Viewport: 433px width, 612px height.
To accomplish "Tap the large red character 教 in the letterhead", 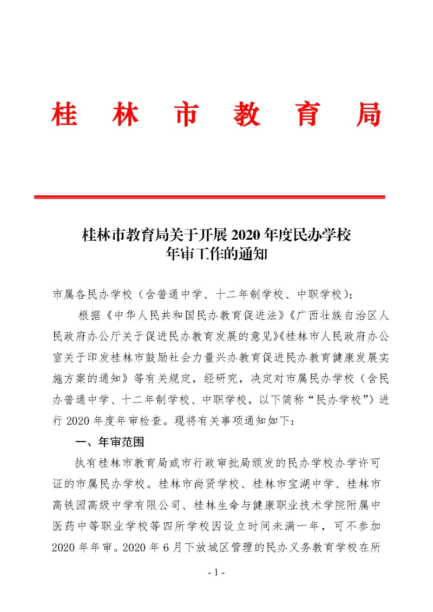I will tap(247, 114).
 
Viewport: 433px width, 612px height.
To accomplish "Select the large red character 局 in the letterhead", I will tap(368, 114).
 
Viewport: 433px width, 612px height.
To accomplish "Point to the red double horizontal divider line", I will tap(209, 197).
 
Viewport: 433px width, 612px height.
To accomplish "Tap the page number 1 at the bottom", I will tap(216, 588).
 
